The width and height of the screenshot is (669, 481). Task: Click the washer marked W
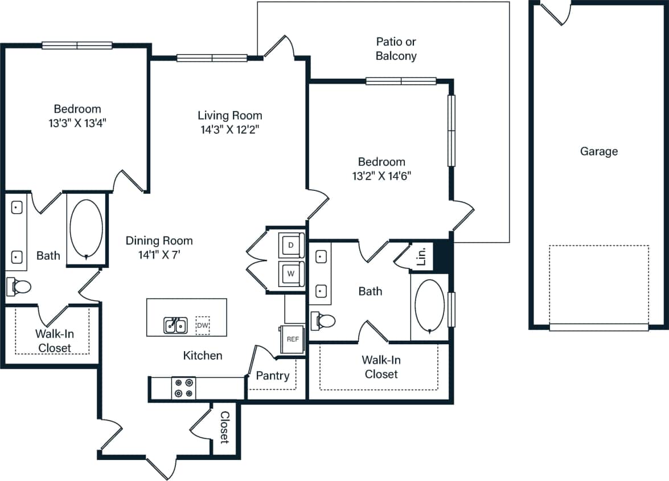[x=291, y=274]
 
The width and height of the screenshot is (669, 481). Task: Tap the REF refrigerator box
[x=293, y=339]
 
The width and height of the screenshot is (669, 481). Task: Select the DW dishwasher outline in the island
[x=202, y=325]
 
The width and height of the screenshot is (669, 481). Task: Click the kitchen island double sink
[x=175, y=325]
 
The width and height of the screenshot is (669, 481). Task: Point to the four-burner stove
[x=183, y=388]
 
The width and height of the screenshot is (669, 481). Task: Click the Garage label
[x=599, y=152]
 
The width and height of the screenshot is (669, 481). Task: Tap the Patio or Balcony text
[x=396, y=49]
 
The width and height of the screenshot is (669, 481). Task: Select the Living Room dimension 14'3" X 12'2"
[x=230, y=129]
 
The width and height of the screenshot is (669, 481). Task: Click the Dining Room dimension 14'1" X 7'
[x=159, y=255]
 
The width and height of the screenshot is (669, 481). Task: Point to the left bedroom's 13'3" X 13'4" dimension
[x=77, y=123]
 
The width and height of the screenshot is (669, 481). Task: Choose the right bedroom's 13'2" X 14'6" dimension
[x=381, y=176]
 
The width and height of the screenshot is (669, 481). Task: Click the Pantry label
[x=272, y=376]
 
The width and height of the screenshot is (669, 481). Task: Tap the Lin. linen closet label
[x=421, y=257]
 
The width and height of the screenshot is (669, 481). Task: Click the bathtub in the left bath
[x=86, y=228]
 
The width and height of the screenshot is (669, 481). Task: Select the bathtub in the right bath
[x=429, y=305]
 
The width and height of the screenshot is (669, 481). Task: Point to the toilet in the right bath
[x=324, y=320]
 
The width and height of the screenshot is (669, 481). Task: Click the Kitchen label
[x=203, y=356]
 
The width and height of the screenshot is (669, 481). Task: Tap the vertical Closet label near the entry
[x=224, y=427]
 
